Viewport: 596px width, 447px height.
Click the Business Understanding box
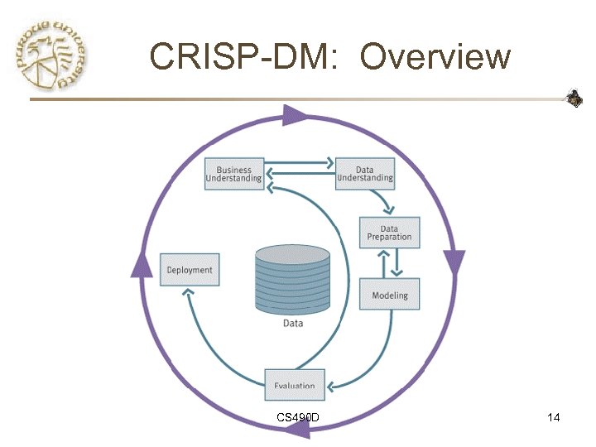tap(234, 174)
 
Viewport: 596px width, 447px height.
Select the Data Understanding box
tap(364, 174)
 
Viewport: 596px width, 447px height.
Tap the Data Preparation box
tap(389, 233)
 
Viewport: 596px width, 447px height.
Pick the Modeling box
tap(389, 295)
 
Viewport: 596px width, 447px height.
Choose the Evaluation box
tap(295, 384)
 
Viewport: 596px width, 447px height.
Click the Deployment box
tap(190, 270)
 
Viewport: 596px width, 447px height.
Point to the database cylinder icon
tap(293, 277)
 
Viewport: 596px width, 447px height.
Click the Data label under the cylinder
tap(293, 324)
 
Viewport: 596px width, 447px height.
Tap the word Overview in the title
tap(436, 57)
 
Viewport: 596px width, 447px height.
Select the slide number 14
tap(554, 417)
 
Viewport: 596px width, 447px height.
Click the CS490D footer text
tap(300, 417)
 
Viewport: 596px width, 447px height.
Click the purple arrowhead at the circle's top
tap(293, 115)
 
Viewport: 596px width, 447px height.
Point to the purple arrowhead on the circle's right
tap(454, 262)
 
